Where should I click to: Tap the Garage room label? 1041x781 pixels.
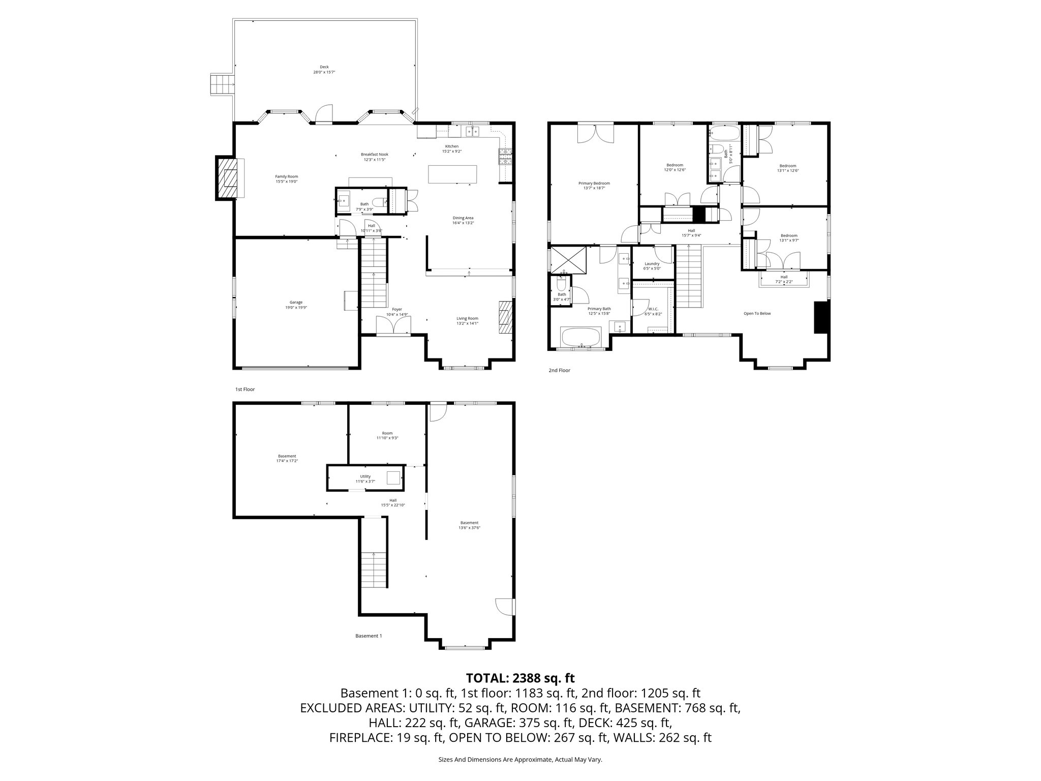coord(296,305)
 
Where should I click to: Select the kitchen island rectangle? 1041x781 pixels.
coord(453,174)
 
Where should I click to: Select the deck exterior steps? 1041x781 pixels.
coord(223,84)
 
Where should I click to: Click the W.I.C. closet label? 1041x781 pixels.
coord(653,311)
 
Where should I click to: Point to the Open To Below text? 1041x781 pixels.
coord(757,313)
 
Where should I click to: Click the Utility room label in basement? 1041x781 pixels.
coord(365,478)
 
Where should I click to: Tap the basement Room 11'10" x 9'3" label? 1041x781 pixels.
coord(387,435)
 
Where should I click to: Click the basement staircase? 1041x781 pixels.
coord(374,569)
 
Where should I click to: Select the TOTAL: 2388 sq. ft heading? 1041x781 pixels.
coord(520,678)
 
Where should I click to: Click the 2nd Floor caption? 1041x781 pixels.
coord(559,370)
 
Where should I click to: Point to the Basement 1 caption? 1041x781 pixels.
coord(368,636)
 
